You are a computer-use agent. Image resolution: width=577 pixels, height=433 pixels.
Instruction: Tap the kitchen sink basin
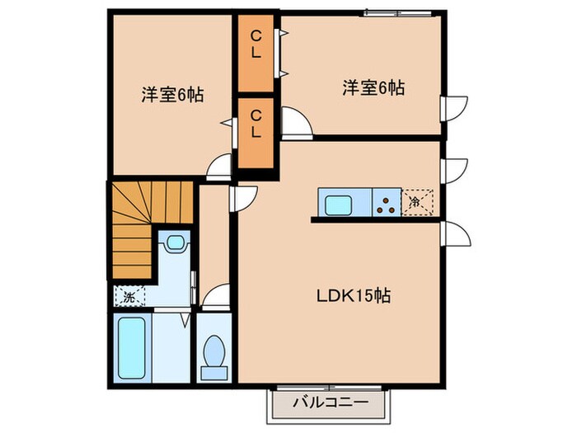pos(340,203)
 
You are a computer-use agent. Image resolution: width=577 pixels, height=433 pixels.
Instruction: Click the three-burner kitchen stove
pos(385,203)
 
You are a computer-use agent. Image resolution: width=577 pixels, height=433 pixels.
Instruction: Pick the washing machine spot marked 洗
pos(129,294)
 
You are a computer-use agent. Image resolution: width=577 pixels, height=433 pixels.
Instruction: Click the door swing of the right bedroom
pos(295,121)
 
